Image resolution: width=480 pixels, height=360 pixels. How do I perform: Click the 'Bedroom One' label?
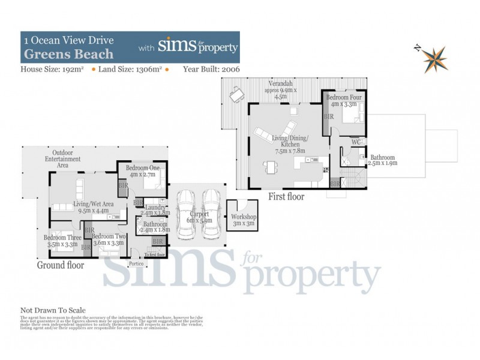click(x=142, y=169)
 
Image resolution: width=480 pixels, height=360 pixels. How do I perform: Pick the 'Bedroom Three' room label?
click(x=63, y=238)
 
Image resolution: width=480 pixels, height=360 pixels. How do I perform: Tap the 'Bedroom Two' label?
click(x=109, y=237)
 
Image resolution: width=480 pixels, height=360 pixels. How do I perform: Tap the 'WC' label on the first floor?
click(x=355, y=142)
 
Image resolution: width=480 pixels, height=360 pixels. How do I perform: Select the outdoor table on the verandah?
click(x=236, y=94)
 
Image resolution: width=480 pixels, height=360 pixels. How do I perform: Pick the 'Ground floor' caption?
click(x=61, y=265)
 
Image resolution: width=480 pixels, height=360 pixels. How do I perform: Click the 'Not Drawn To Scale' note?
click(x=53, y=310)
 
